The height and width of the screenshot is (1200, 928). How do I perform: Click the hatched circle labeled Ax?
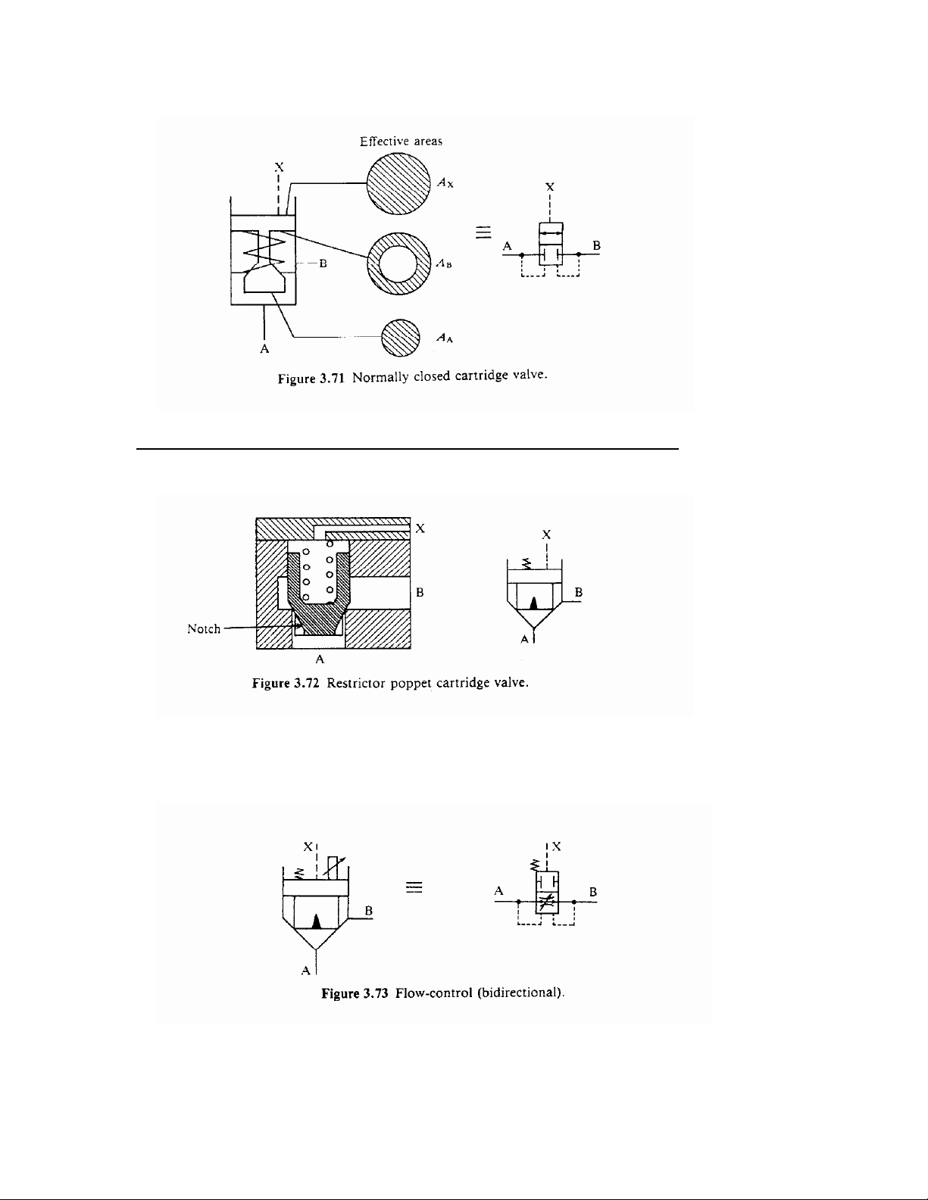click(398, 183)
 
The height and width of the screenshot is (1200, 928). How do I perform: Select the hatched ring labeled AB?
click(398, 263)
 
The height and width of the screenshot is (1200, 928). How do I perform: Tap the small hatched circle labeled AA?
click(401, 338)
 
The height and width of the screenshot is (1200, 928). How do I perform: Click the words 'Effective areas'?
click(401, 142)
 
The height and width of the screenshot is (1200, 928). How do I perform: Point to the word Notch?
click(204, 628)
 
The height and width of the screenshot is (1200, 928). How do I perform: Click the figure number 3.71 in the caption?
click(332, 379)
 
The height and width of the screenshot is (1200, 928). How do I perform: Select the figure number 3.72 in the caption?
click(306, 683)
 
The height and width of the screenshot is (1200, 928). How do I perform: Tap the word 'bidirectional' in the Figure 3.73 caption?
click(520, 993)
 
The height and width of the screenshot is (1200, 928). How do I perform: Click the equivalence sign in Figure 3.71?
click(483, 232)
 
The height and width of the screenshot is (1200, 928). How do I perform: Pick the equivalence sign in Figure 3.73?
click(414, 887)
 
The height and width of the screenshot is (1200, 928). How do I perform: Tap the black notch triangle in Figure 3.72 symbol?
click(533, 603)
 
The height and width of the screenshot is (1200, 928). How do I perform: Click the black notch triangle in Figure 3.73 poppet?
click(317, 921)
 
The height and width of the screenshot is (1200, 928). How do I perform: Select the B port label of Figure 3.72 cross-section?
click(420, 593)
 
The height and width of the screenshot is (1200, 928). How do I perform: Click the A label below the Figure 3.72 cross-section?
click(319, 659)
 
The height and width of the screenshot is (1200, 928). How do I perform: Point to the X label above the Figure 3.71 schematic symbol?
click(550, 187)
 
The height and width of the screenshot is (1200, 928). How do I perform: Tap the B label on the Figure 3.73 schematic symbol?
click(592, 891)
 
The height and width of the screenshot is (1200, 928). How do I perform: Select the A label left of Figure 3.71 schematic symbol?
click(508, 246)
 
